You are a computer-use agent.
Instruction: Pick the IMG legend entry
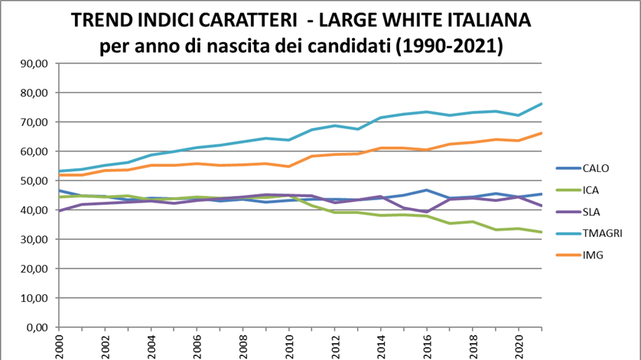coord(593,255)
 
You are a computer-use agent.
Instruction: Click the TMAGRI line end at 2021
coord(540,103)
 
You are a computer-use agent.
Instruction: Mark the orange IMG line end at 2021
coord(540,133)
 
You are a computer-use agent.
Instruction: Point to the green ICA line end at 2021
coord(540,232)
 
